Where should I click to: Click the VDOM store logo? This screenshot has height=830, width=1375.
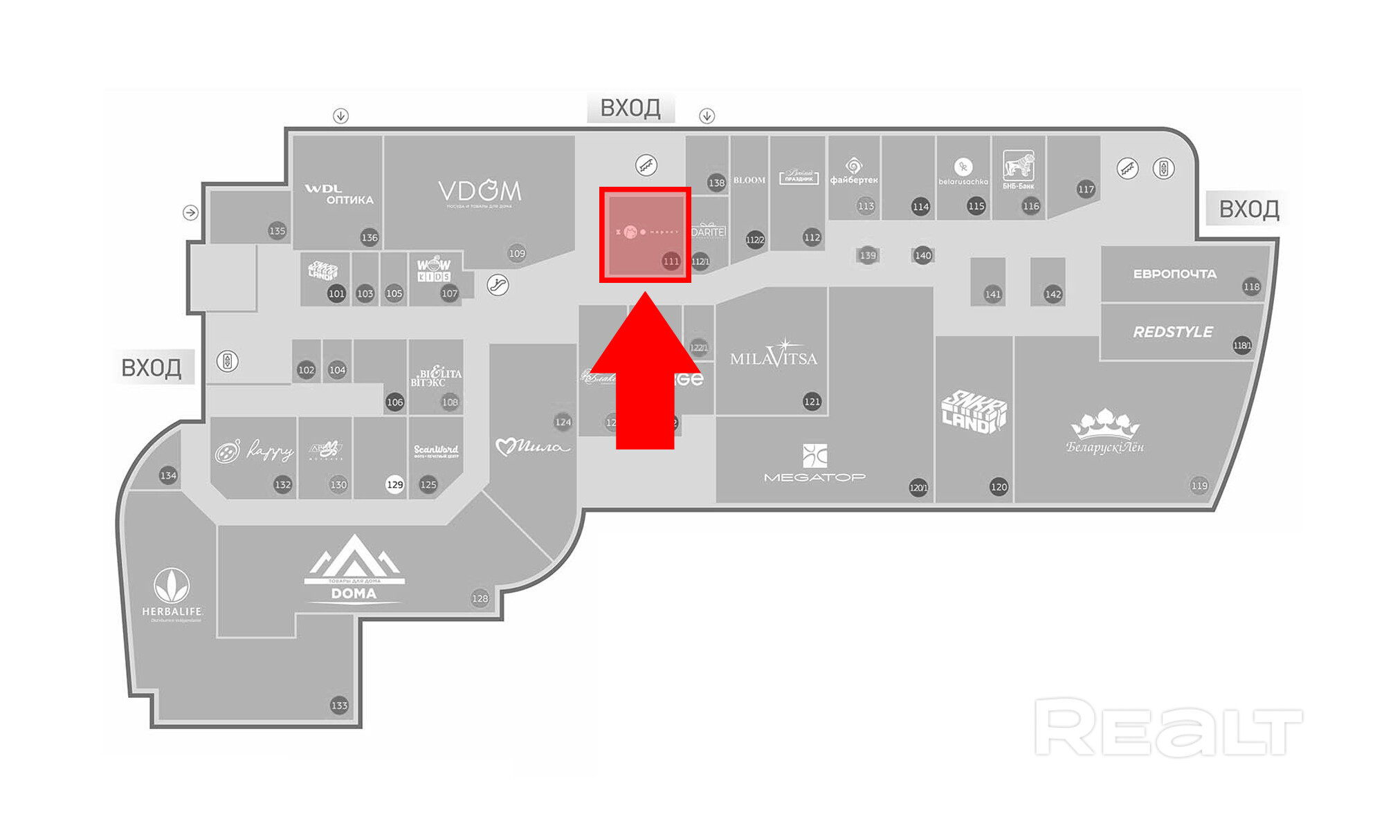coord(480,192)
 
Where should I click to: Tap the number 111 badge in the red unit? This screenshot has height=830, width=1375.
coord(671,261)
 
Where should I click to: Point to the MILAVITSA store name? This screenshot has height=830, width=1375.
coord(773,357)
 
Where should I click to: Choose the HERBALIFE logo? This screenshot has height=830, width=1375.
coord(172,593)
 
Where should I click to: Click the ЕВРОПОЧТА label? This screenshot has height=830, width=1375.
coord(1174,274)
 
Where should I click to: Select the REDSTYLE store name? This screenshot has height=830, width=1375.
coord(1172,332)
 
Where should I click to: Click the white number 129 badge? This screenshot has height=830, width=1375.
coord(394,484)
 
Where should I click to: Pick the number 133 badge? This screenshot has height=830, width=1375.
coord(339,705)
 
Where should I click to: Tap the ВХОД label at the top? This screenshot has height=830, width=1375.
coord(630,108)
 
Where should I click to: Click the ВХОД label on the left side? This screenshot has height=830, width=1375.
coord(152,367)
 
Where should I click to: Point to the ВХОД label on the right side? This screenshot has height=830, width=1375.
coord(1248,208)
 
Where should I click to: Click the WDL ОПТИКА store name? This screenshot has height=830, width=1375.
coord(339,194)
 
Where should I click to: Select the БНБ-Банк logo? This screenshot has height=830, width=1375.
coord(1018,169)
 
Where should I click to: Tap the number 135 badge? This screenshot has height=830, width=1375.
coord(277,230)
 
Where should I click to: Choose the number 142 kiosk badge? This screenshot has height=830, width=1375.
coord(1053,294)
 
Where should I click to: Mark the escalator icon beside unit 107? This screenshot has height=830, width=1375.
coord(498,284)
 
